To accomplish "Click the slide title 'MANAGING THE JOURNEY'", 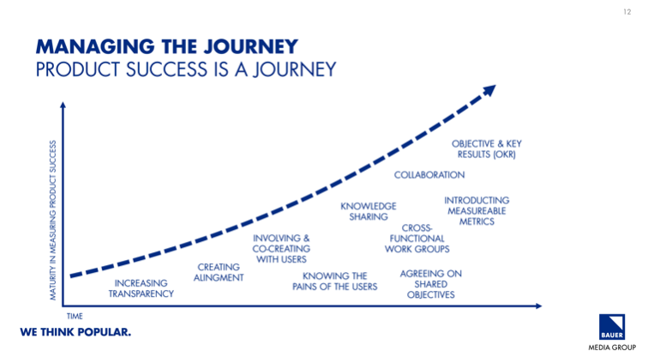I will pos(166,45).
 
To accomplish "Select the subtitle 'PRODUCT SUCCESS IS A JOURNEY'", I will pos(185,70).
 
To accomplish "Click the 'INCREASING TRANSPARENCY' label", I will pos(141,288).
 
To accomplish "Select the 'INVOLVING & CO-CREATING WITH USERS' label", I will pos(281,249).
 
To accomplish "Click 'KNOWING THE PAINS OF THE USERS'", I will pos(334,281).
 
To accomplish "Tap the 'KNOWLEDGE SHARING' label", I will pos(369,212).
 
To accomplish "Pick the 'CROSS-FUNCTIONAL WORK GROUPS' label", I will pos(417,238).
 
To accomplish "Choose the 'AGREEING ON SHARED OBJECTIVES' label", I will pos(430,284).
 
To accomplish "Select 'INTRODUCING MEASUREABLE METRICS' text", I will pos(477,211).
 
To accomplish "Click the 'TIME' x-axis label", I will pos(75,317).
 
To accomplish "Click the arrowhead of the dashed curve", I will pos(489,90).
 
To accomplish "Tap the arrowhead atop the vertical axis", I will pos(63,107).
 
